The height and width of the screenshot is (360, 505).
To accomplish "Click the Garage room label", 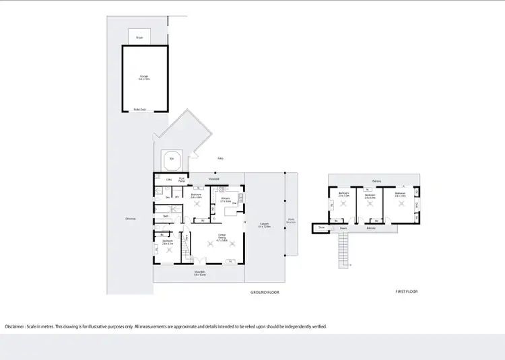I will point(144,77).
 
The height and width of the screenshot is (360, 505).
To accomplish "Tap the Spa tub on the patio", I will point(172,159).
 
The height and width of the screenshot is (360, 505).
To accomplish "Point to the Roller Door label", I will point(140,108).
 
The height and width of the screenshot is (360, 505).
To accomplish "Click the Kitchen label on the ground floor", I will point(226,199).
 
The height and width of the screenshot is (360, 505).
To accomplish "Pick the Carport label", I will point(264,225).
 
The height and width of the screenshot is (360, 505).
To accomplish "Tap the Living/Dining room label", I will point(222,236).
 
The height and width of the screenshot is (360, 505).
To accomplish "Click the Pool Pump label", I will point(182,180).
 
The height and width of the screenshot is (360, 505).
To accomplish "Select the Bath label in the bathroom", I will point(166,216).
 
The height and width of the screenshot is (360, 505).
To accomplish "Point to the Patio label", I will point(220,159).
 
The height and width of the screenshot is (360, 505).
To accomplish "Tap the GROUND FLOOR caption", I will point(265,292).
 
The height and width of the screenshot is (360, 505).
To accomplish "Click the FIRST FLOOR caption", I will point(407,291).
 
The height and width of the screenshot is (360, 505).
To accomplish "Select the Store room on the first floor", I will point(321,228).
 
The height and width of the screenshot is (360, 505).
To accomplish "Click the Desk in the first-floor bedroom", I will point(417,205).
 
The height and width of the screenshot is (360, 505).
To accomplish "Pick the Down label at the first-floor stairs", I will point(343,228).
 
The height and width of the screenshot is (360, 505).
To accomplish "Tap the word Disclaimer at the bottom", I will point(18,326).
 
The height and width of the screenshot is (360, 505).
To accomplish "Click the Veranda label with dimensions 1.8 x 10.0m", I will point(199,274).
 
